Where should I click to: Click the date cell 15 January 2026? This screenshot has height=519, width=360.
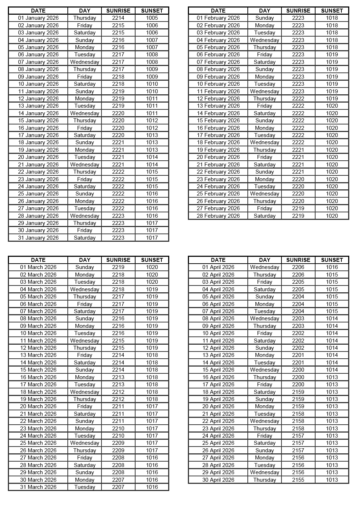point(38,121)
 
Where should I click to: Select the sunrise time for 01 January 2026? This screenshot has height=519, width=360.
point(118,18)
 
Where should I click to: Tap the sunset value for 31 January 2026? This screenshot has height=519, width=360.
point(152,237)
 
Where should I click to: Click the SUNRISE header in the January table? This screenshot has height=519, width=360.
point(118,10)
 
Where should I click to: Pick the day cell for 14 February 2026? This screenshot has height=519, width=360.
point(265,113)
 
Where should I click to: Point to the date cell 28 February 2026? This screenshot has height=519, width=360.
point(218,216)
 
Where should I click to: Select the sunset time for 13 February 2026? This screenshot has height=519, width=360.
point(332,106)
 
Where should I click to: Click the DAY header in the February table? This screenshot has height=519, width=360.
point(265,10)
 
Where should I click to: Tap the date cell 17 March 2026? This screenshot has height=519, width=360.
point(38,384)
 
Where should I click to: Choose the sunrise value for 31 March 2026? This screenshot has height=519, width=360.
point(118,487)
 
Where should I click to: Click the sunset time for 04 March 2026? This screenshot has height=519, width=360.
point(152,289)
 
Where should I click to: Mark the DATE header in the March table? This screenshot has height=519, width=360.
point(38,260)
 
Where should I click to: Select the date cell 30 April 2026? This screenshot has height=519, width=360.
point(218,480)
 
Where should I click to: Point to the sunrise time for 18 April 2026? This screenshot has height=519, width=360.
point(298,392)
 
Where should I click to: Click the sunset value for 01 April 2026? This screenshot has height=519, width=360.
point(332,267)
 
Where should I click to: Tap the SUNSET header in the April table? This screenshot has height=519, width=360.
point(332,260)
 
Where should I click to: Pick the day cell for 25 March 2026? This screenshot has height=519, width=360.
point(85,443)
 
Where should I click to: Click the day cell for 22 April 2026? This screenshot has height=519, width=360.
point(265,421)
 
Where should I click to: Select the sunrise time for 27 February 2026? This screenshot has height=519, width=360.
point(298,208)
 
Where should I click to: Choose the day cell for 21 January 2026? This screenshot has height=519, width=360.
point(85,165)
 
